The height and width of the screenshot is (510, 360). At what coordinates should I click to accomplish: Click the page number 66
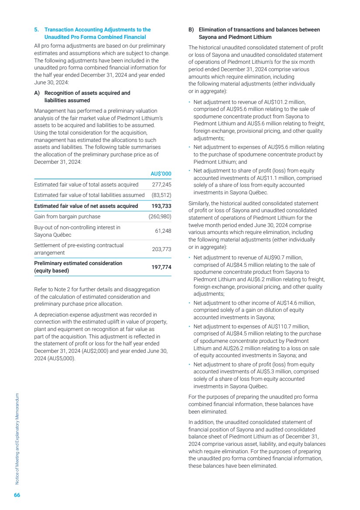(x=17, y=495)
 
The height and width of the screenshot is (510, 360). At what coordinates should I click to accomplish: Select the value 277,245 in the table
(x=161, y=185)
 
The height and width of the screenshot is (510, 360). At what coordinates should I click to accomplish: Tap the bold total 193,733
(x=161, y=206)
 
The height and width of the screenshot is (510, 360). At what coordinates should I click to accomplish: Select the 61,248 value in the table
(x=162, y=231)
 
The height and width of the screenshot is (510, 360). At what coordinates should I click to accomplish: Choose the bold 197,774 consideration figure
(x=161, y=267)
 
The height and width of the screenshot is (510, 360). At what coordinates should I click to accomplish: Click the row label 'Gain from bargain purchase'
(x=67, y=217)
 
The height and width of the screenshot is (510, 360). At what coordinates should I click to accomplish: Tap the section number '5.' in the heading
(x=37, y=30)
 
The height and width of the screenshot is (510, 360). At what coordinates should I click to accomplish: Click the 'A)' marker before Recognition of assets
(x=37, y=93)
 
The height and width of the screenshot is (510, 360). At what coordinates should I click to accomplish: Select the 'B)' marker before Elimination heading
(x=191, y=30)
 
